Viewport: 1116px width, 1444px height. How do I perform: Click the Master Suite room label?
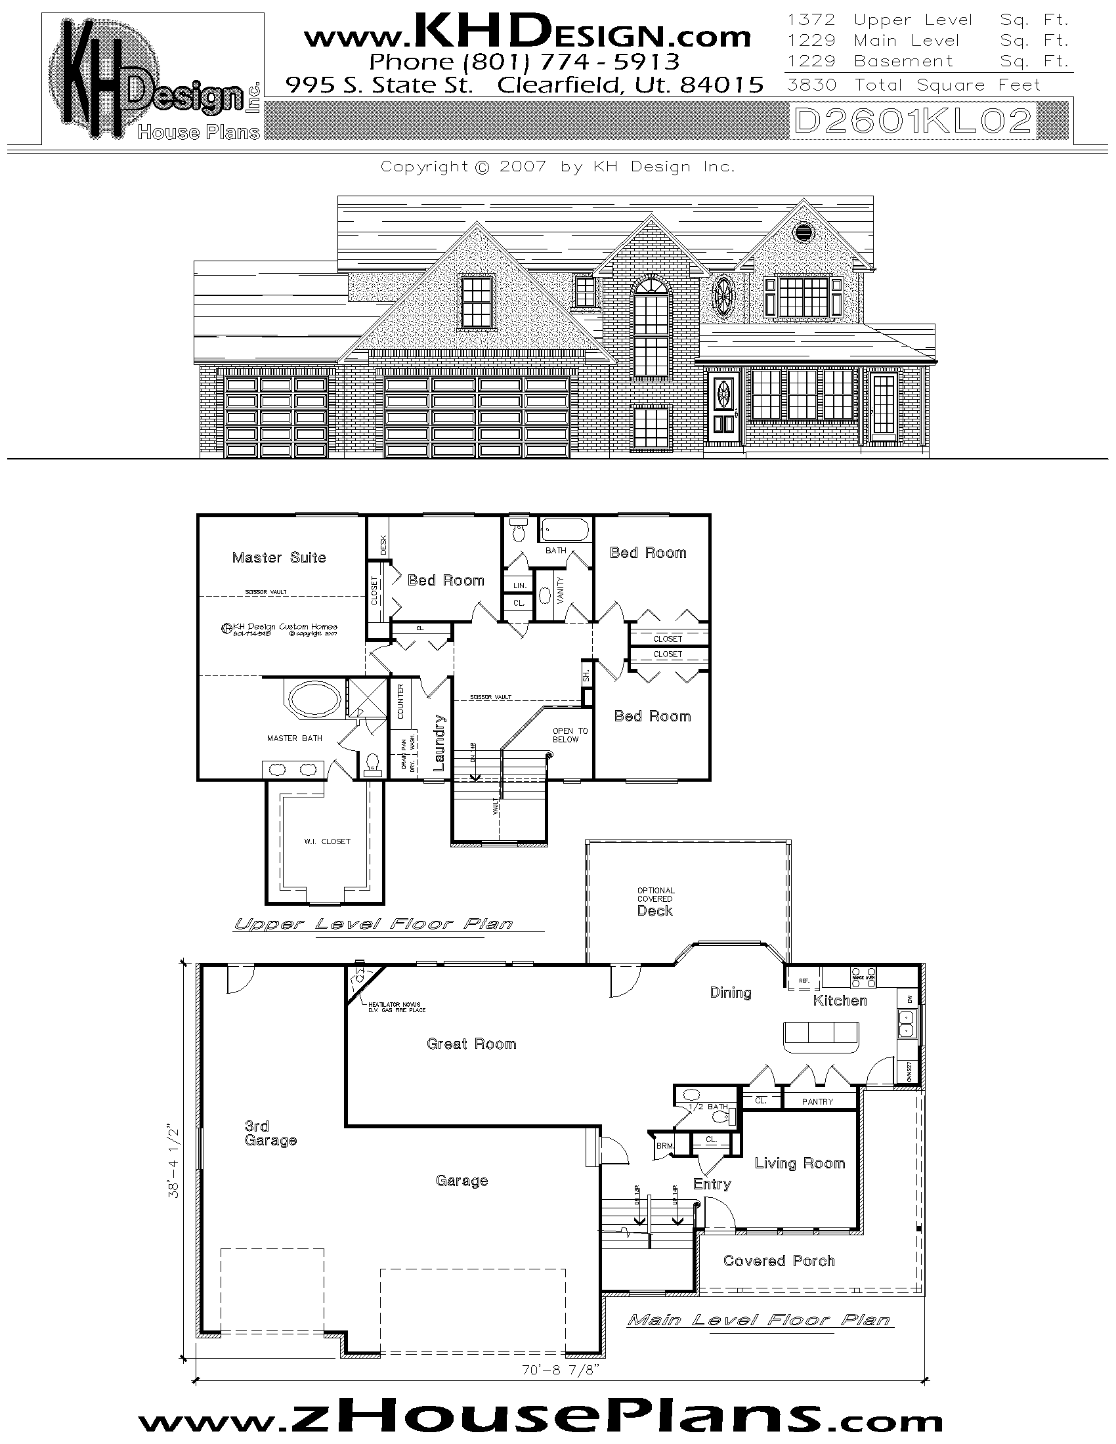[278, 557]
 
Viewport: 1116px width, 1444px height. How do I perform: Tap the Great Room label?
[471, 1044]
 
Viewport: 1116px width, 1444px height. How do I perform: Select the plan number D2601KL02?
[912, 121]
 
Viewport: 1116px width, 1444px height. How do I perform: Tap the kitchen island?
[821, 1036]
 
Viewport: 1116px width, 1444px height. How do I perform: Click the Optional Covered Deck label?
[655, 902]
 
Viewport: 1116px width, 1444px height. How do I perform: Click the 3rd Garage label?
[270, 1133]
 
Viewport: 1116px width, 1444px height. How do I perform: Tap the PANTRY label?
[817, 1101]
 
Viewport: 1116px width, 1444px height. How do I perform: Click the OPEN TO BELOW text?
[570, 735]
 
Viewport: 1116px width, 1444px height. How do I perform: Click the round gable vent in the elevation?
[804, 232]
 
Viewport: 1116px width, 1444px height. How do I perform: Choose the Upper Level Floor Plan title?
[374, 924]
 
